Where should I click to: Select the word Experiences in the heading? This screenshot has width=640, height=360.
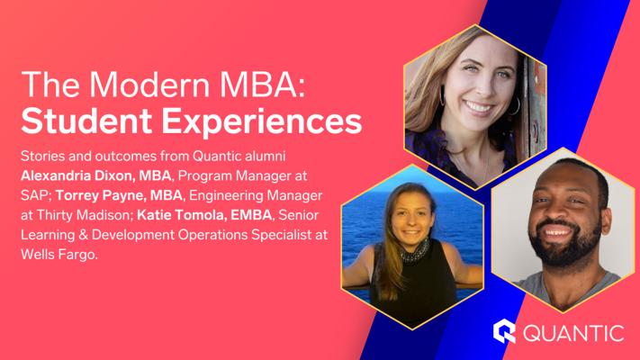click(x=262, y=121)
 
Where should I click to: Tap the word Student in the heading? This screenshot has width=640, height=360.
click(x=86, y=121)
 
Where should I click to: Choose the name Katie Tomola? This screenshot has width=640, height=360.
click(x=181, y=215)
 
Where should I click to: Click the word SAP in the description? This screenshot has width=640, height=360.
click(x=35, y=195)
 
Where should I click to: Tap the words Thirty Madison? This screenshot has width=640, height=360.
click(x=85, y=215)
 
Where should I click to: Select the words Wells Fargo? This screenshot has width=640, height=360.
click(x=59, y=255)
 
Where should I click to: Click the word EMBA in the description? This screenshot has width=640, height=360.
click(x=251, y=215)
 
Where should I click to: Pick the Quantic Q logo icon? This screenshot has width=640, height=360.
click(x=504, y=331)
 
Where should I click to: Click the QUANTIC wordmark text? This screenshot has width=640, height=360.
click(x=573, y=333)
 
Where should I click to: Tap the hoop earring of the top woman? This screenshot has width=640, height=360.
click(x=515, y=106)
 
